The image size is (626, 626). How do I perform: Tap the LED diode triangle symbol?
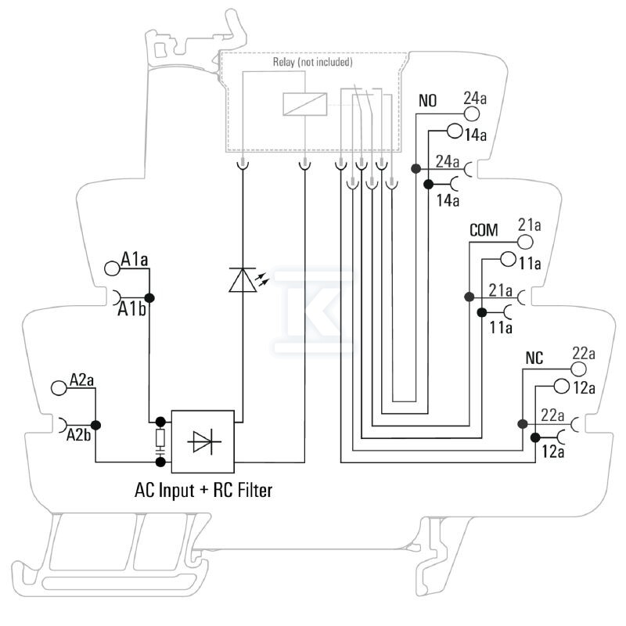[243, 280]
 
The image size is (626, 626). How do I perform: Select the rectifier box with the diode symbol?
[203, 441]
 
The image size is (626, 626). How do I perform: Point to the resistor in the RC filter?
[160, 438]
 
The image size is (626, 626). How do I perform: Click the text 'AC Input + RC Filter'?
[203, 491]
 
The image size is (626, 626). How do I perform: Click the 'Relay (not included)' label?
[312, 62]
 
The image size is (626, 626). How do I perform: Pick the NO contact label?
[427, 101]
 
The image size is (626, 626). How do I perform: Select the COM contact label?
[484, 230]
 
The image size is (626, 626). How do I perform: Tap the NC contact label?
[534, 358]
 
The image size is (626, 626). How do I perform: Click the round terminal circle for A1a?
[112, 268]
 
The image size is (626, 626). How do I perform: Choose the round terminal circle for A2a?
[59, 387]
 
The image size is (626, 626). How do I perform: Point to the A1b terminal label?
[131, 309]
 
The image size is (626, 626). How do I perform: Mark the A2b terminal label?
[79, 435]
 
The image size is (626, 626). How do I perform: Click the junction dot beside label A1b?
[149, 298]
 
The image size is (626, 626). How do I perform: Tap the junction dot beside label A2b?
[95, 425]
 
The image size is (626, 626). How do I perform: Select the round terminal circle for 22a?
[578, 369]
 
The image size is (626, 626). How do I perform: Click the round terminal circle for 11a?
[508, 259]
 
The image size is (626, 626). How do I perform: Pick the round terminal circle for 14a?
[455, 131]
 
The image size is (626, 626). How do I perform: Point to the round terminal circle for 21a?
[525, 242]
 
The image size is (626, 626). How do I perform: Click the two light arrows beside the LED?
[262, 279]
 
